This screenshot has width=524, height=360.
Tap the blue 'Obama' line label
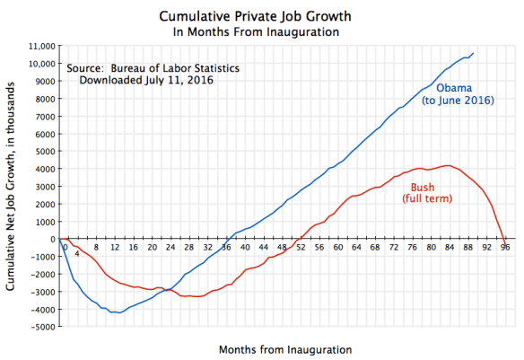point(456,88)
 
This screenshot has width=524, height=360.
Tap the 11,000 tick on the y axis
point(39,46)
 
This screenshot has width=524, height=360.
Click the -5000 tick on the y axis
point(39,327)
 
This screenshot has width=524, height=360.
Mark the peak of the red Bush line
point(448,165)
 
